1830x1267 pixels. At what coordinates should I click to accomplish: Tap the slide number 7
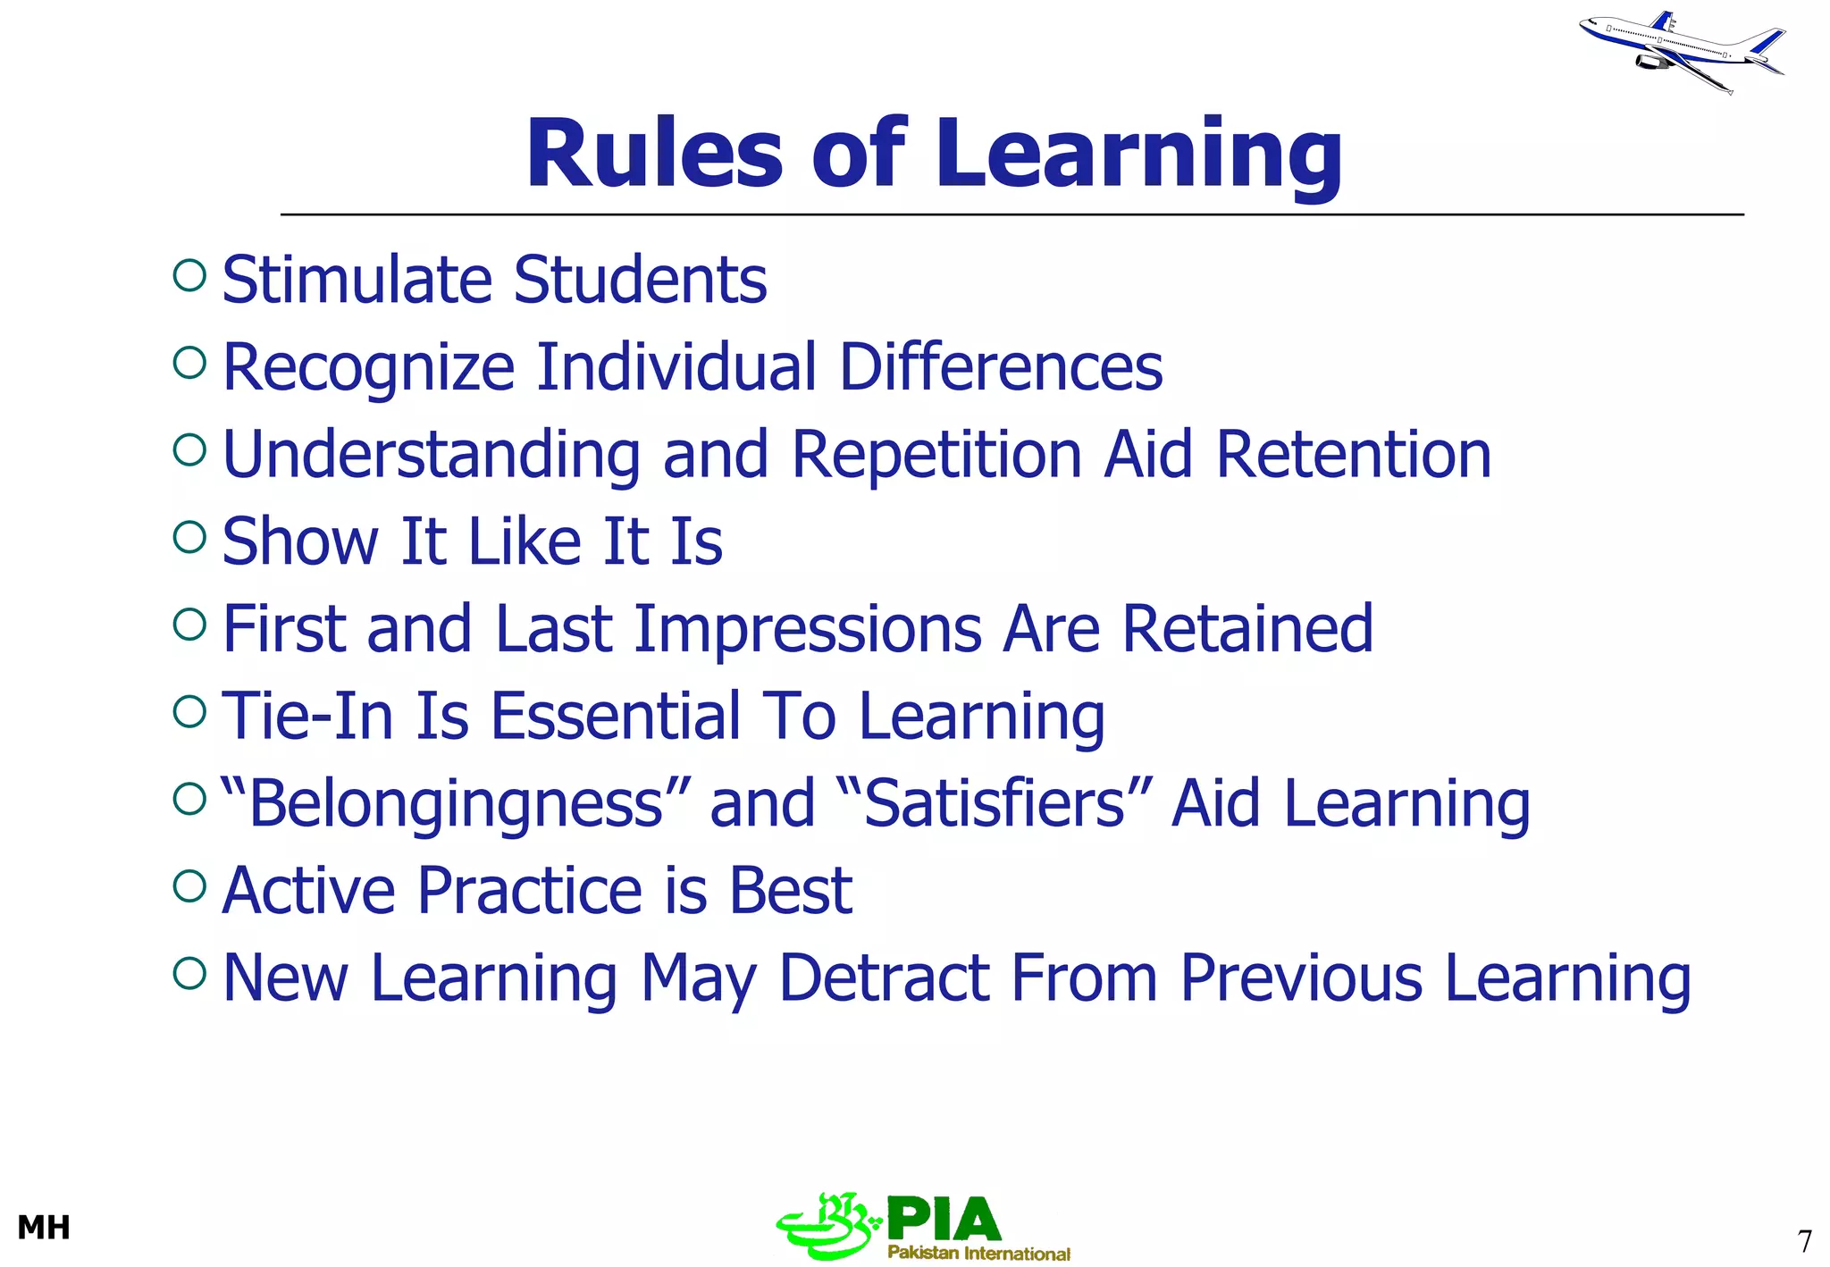(x=1804, y=1241)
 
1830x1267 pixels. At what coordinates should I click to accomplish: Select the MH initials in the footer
(x=44, y=1228)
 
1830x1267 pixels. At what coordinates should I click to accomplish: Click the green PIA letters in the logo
(x=944, y=1219)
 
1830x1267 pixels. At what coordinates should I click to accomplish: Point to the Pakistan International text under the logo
(x=978, y=1253)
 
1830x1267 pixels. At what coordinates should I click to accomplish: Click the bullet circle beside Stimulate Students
(x=189, y=275)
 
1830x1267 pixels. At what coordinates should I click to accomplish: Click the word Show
(x=300, y=541)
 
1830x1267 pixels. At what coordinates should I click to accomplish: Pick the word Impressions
(x=807, y=629)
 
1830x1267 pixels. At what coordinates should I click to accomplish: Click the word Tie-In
(x=306, y=716)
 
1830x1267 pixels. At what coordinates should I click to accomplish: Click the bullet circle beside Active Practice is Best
(x=189, y=885)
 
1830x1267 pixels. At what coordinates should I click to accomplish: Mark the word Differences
(x=1001, y=367)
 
